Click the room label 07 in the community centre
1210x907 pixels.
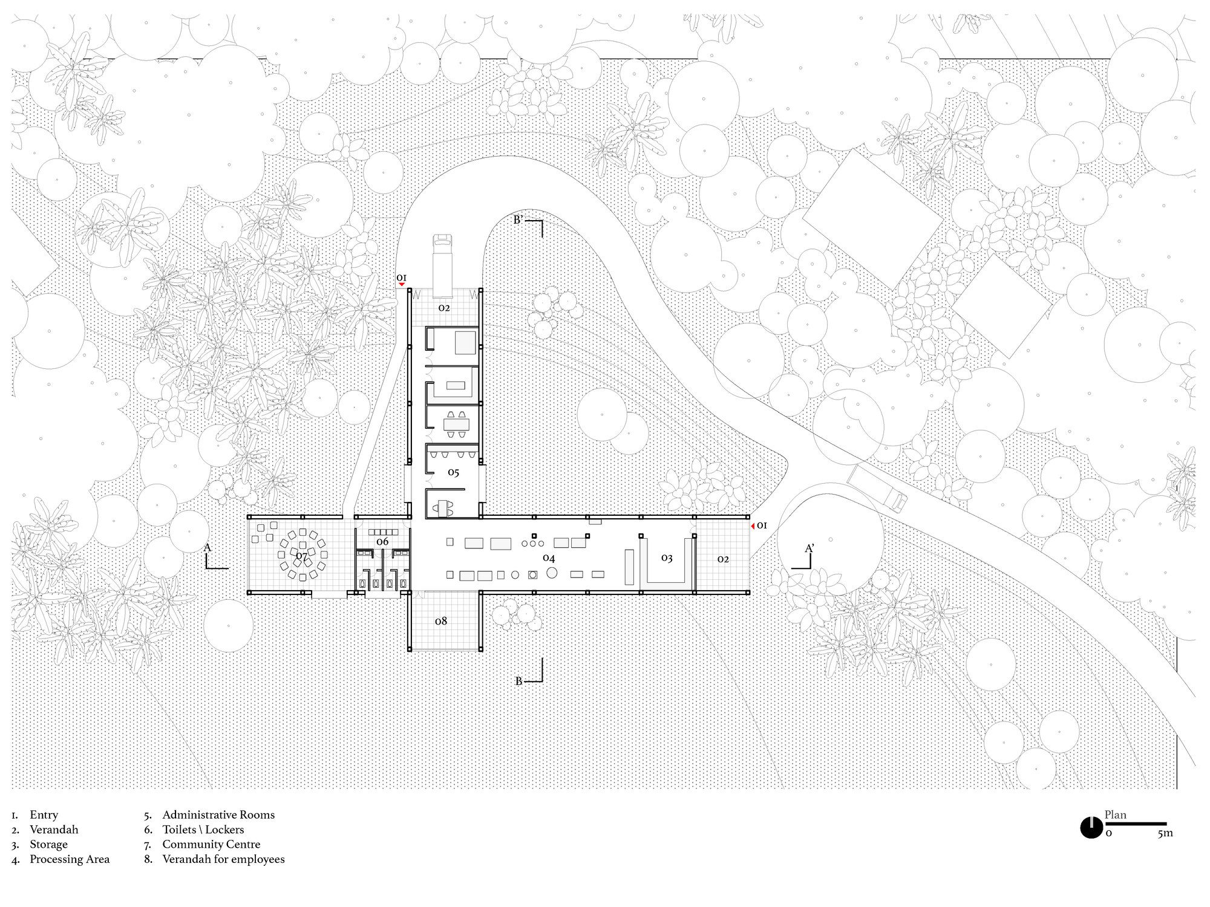[x=301, y=554]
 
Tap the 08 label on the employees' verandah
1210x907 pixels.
[x=441, y=621]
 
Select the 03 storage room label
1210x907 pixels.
[x=667, y=558]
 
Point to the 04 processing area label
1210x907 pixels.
[x=549, y=558]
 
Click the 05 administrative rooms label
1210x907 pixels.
[x=454, y=472]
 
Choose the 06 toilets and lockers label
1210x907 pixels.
[x=382, y=542]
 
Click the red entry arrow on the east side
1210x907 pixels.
[x=752, y=525]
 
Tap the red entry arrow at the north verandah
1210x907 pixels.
[x=401, y=284]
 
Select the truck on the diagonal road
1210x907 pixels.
[x=877, y=487]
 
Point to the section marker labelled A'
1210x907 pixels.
[x=805, y=557]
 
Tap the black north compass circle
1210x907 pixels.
[x=1091, y=827]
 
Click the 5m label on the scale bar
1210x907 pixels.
[x=1165, y=833]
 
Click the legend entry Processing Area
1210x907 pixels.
[x=70, y=859]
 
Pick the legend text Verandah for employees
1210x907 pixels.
[x=223, y=859]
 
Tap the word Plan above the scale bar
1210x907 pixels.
[x=1116, y=814]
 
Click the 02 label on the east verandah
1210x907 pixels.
[x=723, y=559]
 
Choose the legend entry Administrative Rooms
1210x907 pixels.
[x=218, y=814]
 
